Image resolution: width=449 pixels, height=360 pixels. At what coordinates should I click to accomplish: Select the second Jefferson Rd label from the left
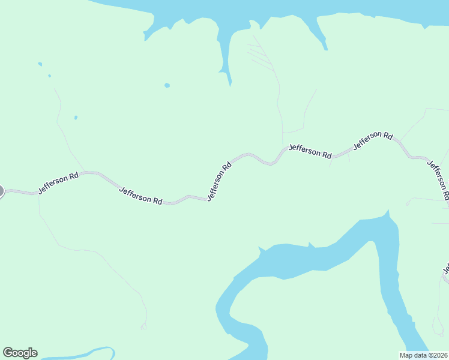[x=142, y=196]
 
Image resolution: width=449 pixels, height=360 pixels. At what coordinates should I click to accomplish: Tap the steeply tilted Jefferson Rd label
[x=219, y=181]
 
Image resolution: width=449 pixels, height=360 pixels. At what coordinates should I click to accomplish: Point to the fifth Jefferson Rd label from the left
[x=373, y=140]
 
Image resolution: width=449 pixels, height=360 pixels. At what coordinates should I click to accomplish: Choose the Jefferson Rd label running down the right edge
[x=438, y=179]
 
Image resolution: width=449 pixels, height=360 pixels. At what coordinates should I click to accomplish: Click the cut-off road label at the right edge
[x=446, y=268]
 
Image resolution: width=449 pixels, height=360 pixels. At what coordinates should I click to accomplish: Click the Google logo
[x=20, y=353]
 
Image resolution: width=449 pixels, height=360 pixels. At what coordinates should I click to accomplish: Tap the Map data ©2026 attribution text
[x=423, y=355]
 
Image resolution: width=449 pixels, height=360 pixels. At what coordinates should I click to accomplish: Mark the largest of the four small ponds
[x=167, y=85]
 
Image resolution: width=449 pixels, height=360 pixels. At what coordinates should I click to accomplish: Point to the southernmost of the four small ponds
[x=76, y=117]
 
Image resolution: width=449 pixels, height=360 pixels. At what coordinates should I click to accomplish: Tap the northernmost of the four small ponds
[x=40, y=64]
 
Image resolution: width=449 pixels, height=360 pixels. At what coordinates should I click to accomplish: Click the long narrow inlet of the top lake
[x=226, y=54]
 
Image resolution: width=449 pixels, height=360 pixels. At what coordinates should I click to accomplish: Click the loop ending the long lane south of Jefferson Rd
[x=143, y=327]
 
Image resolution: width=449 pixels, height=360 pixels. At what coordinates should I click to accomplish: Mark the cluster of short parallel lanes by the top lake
[x=259, y=55]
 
